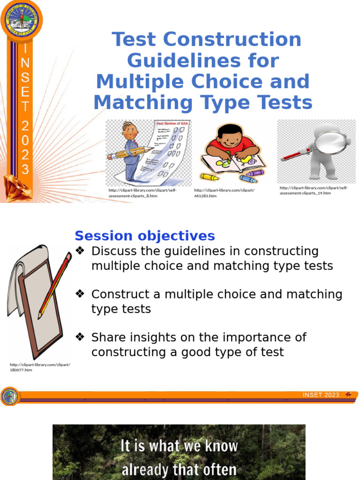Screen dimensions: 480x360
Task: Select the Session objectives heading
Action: click(145, 236)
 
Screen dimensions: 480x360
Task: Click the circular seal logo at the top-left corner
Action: click(21, 20)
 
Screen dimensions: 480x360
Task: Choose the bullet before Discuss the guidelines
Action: click(80, 251)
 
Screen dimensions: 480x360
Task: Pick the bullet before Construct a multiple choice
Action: click(80, 294)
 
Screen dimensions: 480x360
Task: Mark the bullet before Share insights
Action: click(80, 337)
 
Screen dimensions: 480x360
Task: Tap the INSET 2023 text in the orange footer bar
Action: click(321, 395)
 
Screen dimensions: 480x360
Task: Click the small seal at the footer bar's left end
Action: click(9, 397)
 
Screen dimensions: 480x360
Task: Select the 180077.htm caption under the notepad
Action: click(22, 370)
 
